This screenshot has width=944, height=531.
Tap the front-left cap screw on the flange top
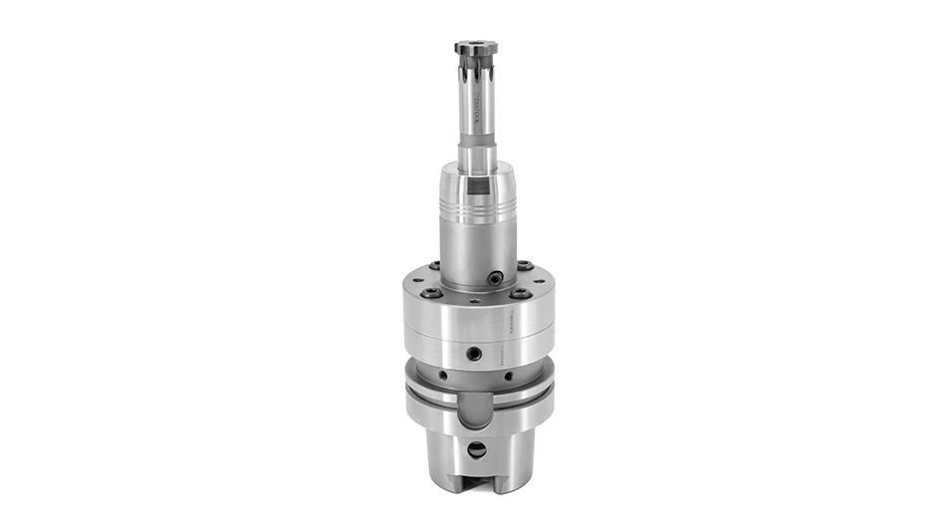430,294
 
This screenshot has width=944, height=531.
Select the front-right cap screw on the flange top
518,294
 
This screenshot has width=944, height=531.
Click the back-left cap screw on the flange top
436,266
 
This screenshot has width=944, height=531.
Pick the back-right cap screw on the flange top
523,266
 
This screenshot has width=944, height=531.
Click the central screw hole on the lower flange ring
475,353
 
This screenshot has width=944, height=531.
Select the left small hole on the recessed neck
443,376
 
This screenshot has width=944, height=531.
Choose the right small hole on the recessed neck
509,376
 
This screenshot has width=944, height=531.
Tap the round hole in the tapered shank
477,448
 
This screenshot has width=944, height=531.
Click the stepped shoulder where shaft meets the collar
477,165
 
